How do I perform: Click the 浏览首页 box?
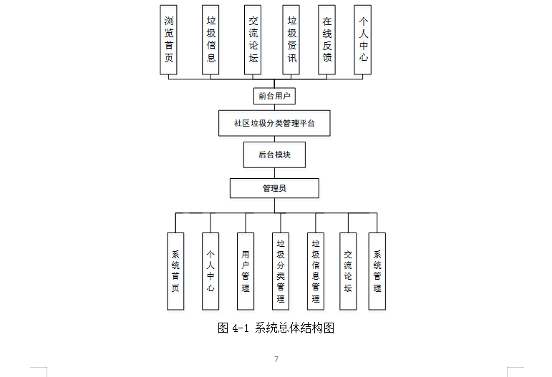[x=168, y=39]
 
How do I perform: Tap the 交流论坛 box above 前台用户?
[x=253, y=39]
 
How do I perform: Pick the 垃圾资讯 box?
[x=291, y=39]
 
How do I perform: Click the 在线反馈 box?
[x=327, y=39]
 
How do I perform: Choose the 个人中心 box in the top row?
[x=364, y=39]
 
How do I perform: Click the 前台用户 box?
[x=274, y=95]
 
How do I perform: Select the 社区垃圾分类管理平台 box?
[x=274, y=123]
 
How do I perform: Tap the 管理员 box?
[x=274, y=188]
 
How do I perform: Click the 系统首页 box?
[x=175, y=271]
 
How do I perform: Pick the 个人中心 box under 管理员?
[x=210, y=271]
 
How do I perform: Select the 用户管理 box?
[x=246, y=271]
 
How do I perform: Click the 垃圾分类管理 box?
[x=281, y=271]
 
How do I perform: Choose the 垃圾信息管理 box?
[x=316, y=271]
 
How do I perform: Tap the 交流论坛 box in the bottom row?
[x=348, y=271]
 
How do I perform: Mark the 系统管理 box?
[x=377, y=271]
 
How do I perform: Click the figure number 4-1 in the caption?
[x=240, y=328]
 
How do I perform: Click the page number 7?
[x=276, y=359]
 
